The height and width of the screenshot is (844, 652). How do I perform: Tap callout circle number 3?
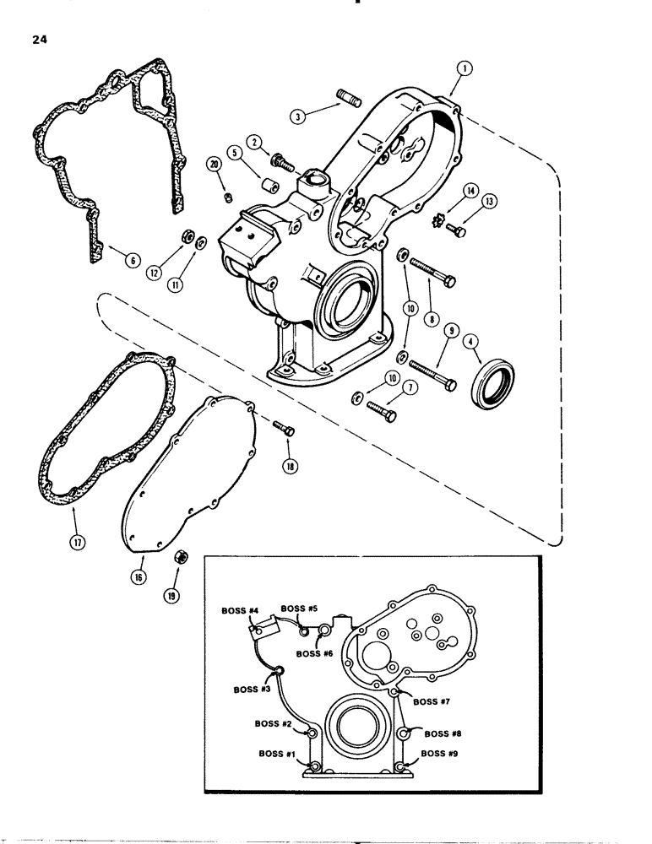[296, 118]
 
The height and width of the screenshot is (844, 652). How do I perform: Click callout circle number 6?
[107, 262]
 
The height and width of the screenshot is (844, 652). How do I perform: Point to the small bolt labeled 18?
[285, 430]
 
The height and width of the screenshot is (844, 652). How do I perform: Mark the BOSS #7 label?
[432, 700]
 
